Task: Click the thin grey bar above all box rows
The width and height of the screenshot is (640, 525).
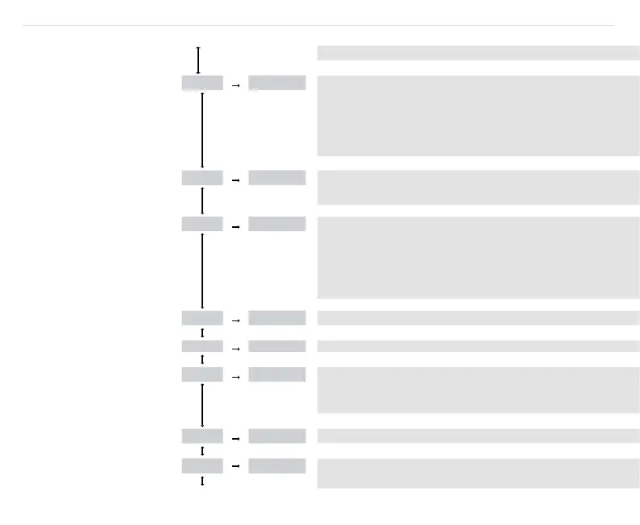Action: point(478,53)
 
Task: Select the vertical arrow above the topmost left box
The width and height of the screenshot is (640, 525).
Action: point(198,60)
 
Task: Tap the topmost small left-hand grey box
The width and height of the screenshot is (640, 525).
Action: point(202,83)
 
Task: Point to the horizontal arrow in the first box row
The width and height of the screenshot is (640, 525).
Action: point(236,84)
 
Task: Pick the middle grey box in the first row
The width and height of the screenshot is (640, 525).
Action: point(276,83)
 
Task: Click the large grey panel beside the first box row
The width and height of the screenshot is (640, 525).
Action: point(478,115)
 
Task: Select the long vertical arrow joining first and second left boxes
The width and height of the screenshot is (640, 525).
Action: point(202,129)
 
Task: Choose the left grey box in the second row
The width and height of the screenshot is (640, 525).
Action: point(202,178)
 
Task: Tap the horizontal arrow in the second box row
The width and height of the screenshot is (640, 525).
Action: point(236,181)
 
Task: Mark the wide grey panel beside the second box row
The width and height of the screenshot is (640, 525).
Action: point(478,187)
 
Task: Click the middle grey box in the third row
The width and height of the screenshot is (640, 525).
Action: point(276,224)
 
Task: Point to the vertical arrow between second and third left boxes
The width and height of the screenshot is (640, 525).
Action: point(202,200)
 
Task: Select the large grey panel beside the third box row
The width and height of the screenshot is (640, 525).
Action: point(478,257)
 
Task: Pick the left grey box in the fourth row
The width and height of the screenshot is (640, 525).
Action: point(202,318)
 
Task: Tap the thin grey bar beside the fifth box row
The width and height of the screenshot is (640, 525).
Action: point(478,346)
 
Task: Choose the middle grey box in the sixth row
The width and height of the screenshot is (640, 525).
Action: point(276,374)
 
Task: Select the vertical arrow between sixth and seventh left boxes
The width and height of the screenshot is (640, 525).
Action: point(202,405)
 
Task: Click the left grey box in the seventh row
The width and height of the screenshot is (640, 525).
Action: point(202,436)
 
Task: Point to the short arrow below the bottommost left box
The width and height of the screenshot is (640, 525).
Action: point(202,481)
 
